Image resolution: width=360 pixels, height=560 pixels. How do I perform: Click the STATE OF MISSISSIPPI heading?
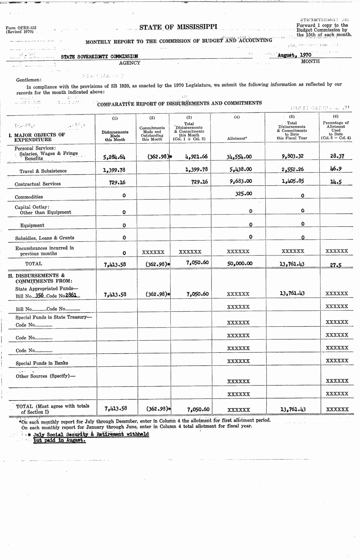(178, 27)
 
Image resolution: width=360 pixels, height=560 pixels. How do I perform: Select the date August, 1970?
(294, 55)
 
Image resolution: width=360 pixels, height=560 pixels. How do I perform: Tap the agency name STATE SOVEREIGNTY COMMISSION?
(99, 56)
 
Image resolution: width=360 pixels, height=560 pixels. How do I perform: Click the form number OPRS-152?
(21, 28)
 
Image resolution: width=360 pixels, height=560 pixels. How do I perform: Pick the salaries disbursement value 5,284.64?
(114, 157)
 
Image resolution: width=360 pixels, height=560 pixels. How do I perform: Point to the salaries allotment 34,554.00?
(239, 156)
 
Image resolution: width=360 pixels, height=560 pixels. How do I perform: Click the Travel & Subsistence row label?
(43, 171)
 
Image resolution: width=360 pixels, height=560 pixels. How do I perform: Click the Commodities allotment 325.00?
(243, 193)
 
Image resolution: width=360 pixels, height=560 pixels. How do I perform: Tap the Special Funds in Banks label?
(42, 363)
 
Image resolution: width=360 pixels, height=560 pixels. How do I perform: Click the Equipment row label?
(32, 225)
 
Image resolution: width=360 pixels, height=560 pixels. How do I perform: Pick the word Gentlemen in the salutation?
(29, 80)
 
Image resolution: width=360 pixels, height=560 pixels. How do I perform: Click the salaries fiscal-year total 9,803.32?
(292, 156)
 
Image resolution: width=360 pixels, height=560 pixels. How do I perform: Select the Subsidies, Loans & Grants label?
(45, 238)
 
